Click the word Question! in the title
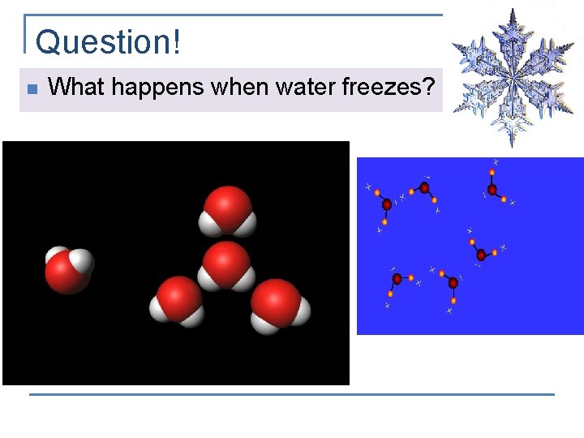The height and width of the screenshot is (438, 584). (108, 42)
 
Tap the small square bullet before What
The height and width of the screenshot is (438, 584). (30, 88)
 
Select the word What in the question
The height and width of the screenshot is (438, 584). (76, 87)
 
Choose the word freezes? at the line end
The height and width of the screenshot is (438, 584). (389, 88)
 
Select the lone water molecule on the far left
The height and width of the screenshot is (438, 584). (68, 270)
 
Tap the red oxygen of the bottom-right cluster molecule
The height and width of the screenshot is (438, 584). (276, 301)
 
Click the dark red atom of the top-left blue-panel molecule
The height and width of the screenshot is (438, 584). (387, 204)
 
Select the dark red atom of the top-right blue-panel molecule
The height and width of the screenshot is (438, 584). (492, 189)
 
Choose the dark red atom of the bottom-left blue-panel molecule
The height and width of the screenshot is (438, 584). (397, 279)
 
